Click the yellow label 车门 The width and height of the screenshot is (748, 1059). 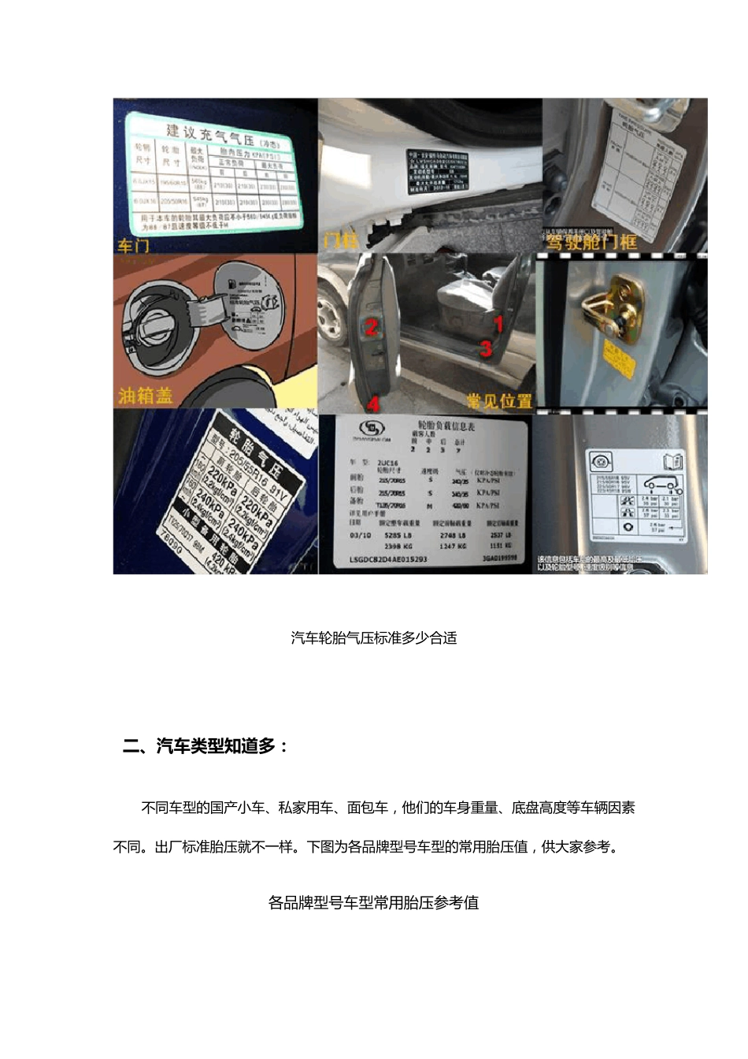134,246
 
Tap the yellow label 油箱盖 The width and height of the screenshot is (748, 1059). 146,395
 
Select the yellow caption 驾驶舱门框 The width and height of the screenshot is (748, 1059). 591,242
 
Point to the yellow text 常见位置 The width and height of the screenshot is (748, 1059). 499,401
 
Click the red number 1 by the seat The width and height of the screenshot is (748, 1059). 498,323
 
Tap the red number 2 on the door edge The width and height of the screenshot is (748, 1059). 372,327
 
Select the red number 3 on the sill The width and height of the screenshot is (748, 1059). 486,347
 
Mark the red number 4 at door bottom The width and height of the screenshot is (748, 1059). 373,403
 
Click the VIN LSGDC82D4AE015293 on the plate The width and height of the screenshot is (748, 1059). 388,559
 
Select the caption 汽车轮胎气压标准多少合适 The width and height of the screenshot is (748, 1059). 373,638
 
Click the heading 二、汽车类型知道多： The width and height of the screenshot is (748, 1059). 206,746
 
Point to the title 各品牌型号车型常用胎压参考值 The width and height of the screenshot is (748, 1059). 373,903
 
